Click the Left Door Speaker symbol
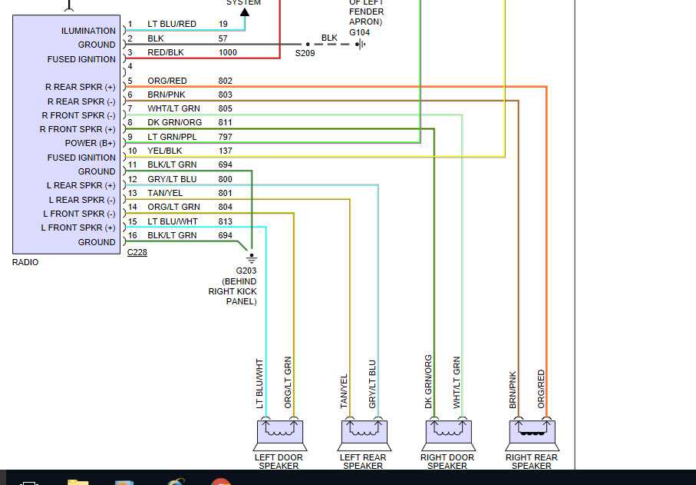point(279,434)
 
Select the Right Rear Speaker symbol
point(532,434)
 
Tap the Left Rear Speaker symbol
point(364,434)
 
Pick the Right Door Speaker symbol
point(447,434)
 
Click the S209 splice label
point(306,54)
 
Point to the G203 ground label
point(246,271)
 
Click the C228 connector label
point(137,251)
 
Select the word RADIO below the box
point(25,262)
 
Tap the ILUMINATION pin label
point(88,31)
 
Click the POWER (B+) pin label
point(91,143)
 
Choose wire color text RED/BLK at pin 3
point(166,52)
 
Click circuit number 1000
point(227,52)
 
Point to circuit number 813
point(225,221)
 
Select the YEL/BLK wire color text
point(165,151)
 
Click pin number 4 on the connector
point(130,67)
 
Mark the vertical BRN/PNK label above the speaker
point(513,390)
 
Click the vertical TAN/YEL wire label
point(344,390)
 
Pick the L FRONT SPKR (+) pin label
point(79,228)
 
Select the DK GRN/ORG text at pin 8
point(174,122)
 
